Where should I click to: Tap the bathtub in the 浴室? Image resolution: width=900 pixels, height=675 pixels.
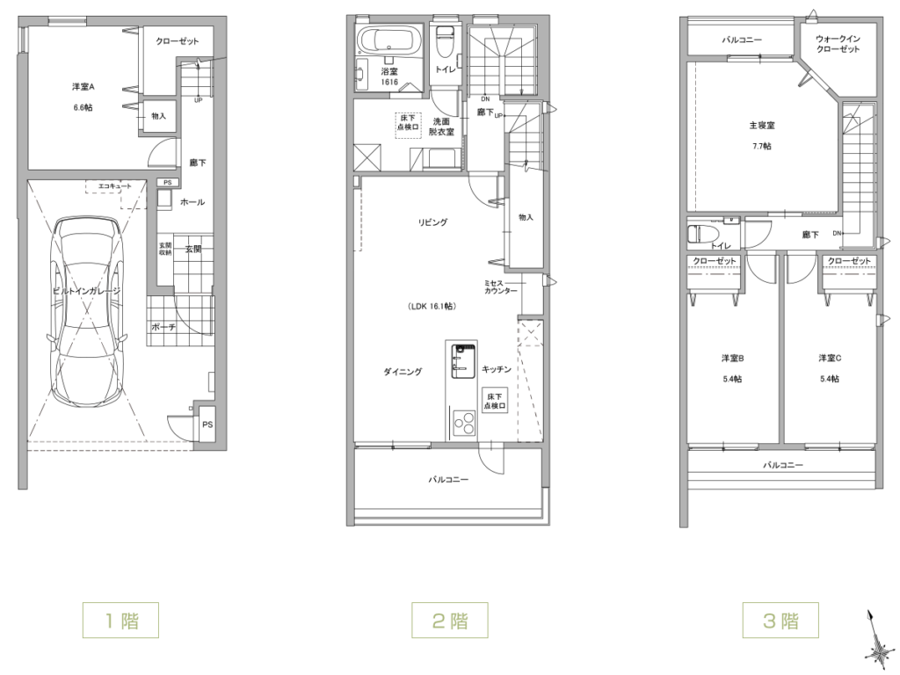pyautogui.click(x=389, y=40)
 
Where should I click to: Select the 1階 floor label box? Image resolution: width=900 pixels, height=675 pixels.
pyautogui.click(x=120, y=620)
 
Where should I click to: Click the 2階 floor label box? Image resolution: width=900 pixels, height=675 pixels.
pyautogui.click(x=449, y=620)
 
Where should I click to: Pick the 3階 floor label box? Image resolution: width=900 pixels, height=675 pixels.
pyautogui.click(x=780, y=620)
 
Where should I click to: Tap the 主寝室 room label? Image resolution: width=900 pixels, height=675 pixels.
pyautogui.click(x=762, y=125)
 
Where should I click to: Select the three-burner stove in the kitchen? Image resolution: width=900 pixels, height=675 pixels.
pyautogui.click(x=465, y=424)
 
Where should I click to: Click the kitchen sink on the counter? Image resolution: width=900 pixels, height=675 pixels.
pyautogui.click(x=463, y=361)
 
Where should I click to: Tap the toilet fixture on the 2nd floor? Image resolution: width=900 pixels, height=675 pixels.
pyautogui.click(x=444, y=42)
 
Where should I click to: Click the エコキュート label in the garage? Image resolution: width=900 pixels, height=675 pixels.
pyautogui.click(x=115, y=186)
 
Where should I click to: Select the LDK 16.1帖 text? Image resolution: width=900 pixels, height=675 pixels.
pyautogui.click(x=432, y=307)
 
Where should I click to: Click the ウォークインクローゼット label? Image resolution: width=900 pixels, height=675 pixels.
pyautogui.click(x=838, y=44)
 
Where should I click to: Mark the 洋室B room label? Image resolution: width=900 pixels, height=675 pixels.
pyautogui.click(x=732, y=359)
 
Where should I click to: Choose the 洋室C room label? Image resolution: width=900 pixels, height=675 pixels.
pyautogui.click(x=830, y=359)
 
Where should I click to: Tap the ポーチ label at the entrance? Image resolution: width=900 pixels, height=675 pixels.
pyautogui.click(x=163, y=327)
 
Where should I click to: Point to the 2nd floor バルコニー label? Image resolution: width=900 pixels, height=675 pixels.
pyautogui.click(x=449, y=479)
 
